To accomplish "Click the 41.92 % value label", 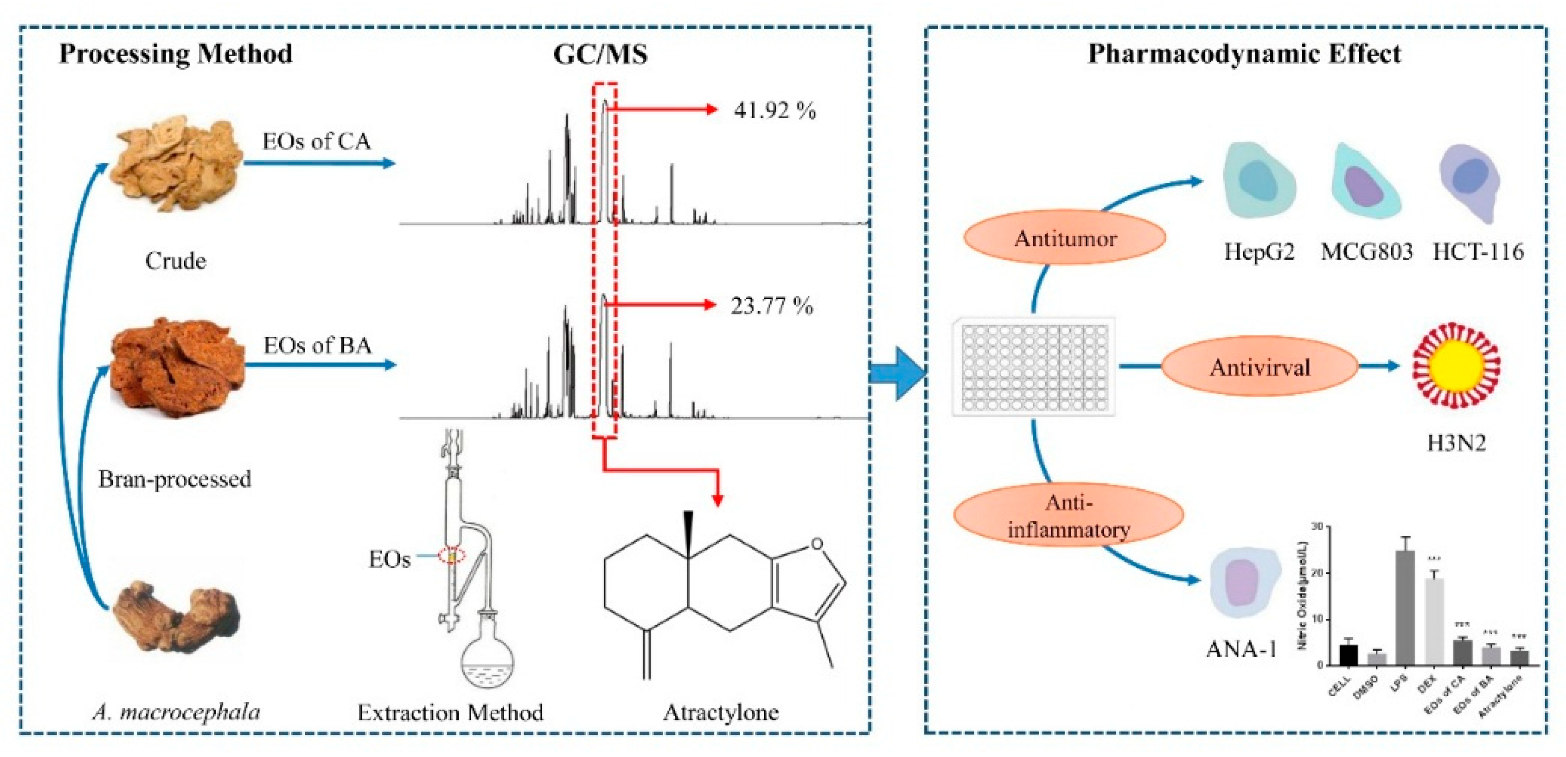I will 774,111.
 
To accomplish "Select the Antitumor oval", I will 1065,238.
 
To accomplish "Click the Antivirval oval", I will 1260,367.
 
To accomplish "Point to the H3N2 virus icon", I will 1456,367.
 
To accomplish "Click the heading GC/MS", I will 600,55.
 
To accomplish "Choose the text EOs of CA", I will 316,141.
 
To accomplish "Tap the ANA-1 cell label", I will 1241,650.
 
